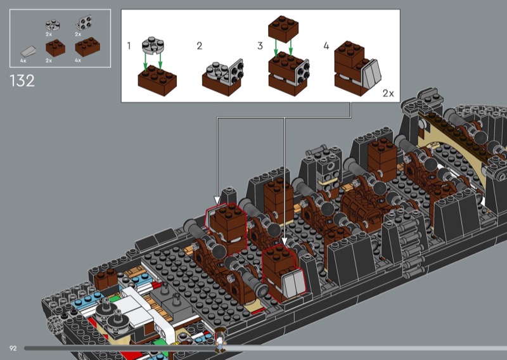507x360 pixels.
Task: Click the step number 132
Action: (x=22, y=81)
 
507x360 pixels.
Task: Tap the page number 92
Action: (x=13, y=349)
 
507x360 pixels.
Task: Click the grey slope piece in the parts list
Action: (x=29, y=51)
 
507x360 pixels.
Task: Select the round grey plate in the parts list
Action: (x=53, y=25)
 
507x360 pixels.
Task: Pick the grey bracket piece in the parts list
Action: (x=84, y=23)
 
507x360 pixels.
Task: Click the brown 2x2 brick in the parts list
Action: (x=55, y=48)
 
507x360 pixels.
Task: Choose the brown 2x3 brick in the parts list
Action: (x=87, y=47)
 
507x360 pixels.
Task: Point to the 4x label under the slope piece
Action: (x=23, y=60)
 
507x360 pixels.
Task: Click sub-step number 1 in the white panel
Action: (x=129, y=46)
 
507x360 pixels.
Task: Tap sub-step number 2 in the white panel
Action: (x=200, y=46)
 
